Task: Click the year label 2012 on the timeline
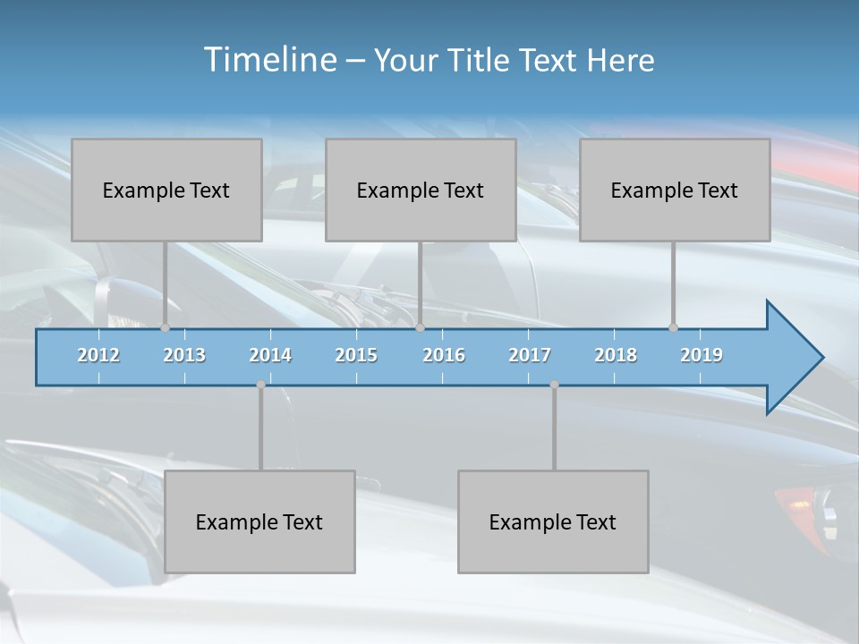click(98, 355)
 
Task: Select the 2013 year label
click(184, 355)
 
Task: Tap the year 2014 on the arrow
click(270, 355)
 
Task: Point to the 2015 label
click(356, 355)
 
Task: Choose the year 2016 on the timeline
click(444, 355)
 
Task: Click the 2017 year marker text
click(530, 355)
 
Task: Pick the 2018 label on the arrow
click(616, 355)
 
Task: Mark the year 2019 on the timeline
click(702, 355)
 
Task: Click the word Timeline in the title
click(268, 60)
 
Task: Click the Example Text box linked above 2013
click(166, 190)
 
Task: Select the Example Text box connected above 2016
click(421, 190)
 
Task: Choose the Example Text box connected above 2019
click(675, 190)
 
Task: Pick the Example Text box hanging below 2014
click(259, 521)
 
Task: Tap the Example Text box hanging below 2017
click(553, 521)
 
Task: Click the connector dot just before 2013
click(165, 328)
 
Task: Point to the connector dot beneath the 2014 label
click(260, 385)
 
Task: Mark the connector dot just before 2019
click(673, 328)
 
